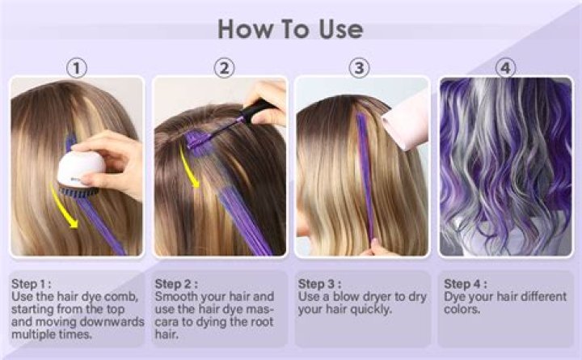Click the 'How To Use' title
pyautogui.click(x=290, y=29)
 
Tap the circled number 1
pyautogui.click(x=76, y=67)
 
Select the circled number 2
pyautogui.click(x=224, y=67)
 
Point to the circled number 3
pyautogui.click(x=361, y=67)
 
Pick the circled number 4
pyautogui.click(x=506, y=67)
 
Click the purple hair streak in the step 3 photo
pyautogui.click(x=365, y=178)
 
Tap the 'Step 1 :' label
pyautogui.click(x=31, y=284)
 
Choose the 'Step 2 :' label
pyautogui.click(x=175, y=284)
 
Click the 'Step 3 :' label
pyautogui.click(x=319, y=284)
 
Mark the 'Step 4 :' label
pyautogui.click(x=465, y=284)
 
